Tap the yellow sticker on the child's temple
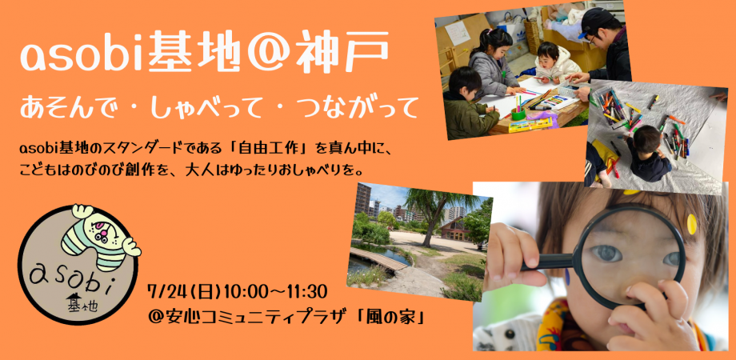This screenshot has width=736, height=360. (x=693, y=223)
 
